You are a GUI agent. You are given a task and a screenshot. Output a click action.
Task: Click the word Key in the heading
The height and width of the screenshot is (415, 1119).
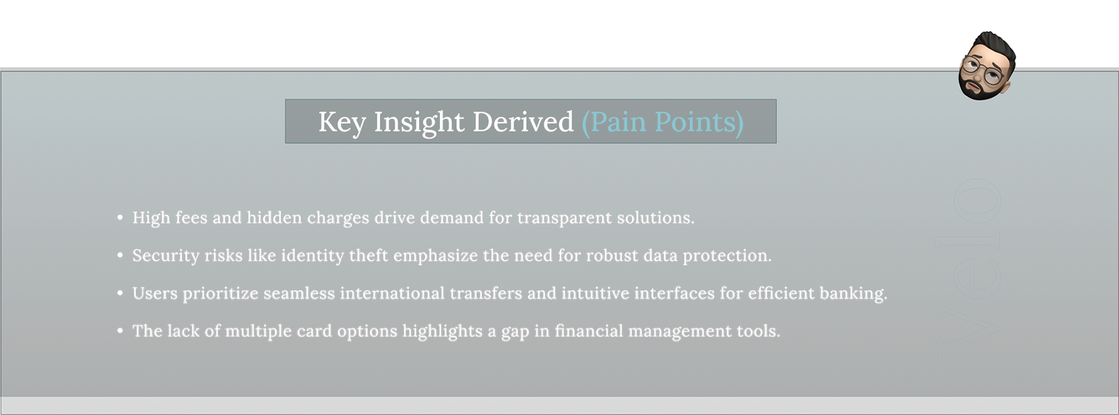coord(342,122)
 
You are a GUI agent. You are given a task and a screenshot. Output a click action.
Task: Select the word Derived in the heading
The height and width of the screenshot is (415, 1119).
coord(523,121)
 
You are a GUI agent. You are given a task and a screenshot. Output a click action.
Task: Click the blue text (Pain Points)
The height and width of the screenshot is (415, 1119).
coord(663,122)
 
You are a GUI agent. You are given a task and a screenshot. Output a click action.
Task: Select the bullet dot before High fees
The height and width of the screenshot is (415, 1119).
coord(120,218)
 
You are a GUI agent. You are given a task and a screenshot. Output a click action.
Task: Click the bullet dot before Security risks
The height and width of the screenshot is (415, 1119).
coord(120,255)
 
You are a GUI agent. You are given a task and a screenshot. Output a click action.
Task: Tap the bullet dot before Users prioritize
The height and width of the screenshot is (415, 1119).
coord(120,293)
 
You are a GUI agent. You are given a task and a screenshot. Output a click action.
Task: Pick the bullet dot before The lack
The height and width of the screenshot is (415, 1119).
coord(120,331)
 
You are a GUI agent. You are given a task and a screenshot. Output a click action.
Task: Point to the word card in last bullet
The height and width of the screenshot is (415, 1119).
coord(314,331)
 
